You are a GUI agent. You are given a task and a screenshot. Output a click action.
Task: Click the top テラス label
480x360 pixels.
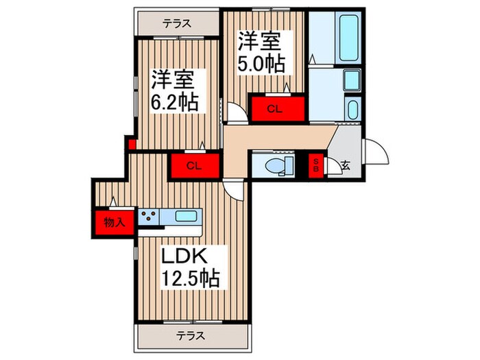click(x=176, y=23)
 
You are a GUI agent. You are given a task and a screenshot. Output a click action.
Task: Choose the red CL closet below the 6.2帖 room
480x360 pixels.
click(x=193, y=165)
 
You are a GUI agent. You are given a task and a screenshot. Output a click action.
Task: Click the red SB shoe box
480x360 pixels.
click(x=316, y=165)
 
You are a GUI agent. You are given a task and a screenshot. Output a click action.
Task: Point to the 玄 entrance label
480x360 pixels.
click(x=346, y=165)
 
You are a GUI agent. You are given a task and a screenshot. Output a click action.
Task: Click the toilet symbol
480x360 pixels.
click(x=277, y=165)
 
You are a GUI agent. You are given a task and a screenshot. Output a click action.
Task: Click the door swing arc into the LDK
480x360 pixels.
click(x=233, y=190)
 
